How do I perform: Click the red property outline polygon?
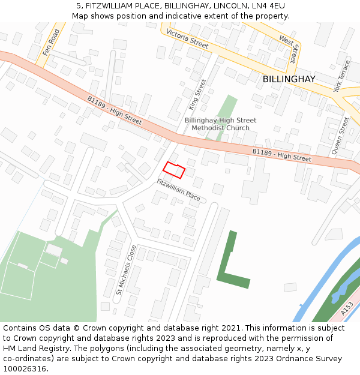pos(174,170)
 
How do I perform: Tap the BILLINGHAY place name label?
pos(289,79)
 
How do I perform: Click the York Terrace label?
pos(341,76)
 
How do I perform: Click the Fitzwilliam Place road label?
pos(178,190)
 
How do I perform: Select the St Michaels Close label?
pos(125,270)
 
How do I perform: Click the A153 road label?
pos(347,308)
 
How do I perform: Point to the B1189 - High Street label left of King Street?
pos(114,110)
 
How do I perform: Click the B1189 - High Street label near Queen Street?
pos(281,155)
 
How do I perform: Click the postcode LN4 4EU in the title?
pos(268,5)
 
